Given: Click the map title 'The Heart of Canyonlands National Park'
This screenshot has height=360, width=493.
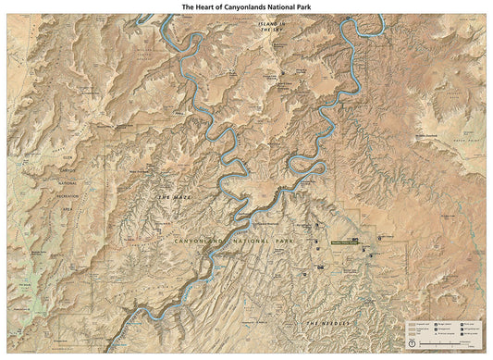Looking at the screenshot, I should click(246, 6).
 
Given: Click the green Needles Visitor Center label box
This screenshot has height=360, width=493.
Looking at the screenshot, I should click(344, 243).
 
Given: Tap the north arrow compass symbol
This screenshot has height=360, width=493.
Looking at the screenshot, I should click(412, 343).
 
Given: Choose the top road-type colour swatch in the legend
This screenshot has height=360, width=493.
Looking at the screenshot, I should click(412, 324).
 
